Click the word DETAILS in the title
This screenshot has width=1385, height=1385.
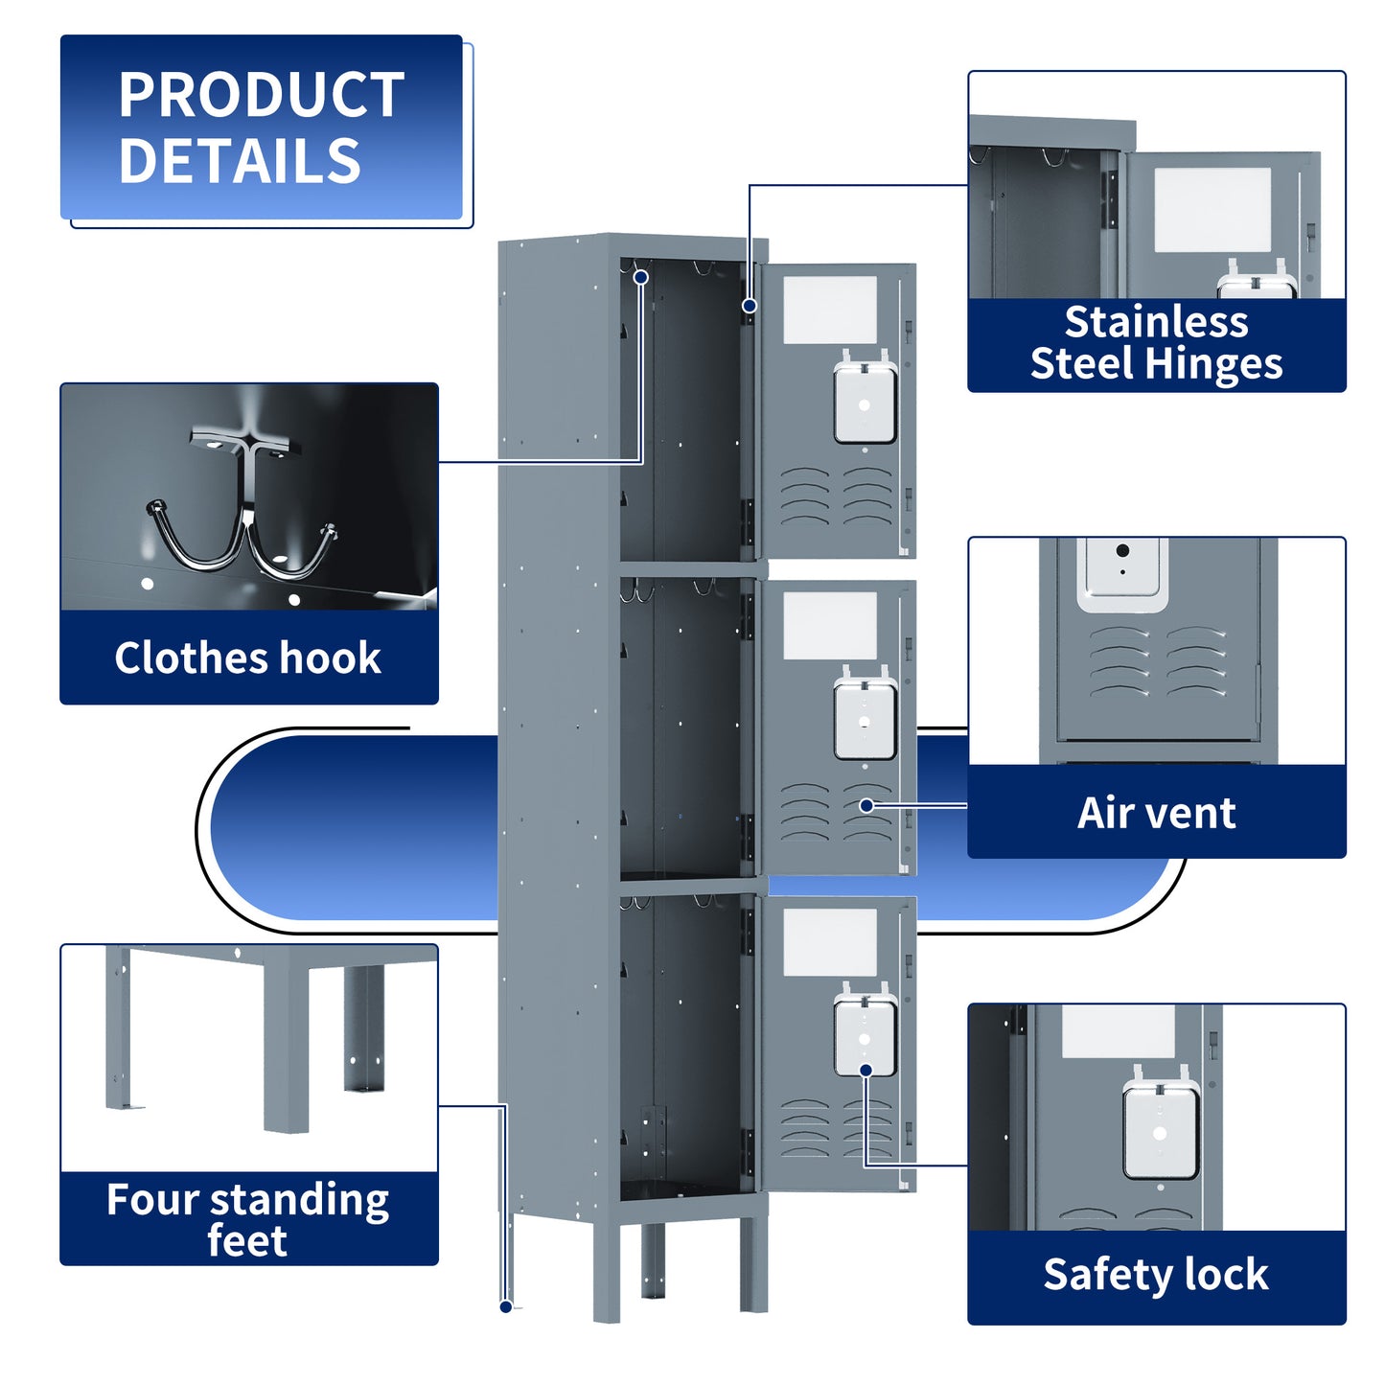tap(240, 161)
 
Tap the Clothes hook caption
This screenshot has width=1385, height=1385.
tap(247, 658)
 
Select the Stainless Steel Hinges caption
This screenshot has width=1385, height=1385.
tap(1156, 343)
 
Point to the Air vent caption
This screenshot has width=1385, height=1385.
tap(1156, 812)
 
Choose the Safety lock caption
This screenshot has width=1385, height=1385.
tap(1156, 1275)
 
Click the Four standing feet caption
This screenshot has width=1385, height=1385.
tap(247, 1218)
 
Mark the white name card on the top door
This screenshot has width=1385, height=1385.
tap(830, 310)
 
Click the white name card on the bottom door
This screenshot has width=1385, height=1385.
tap(830, 942)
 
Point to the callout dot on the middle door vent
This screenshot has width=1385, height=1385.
tap(866, 805)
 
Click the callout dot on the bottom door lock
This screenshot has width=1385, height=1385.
tap(866, 1070)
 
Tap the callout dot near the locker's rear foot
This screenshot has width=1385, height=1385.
tap(506, 1306)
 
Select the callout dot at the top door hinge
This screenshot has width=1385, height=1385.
tap(750, 306)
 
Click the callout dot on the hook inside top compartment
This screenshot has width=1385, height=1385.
tap(641, 277)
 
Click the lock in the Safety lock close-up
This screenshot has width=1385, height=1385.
tap(1160, 1131)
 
